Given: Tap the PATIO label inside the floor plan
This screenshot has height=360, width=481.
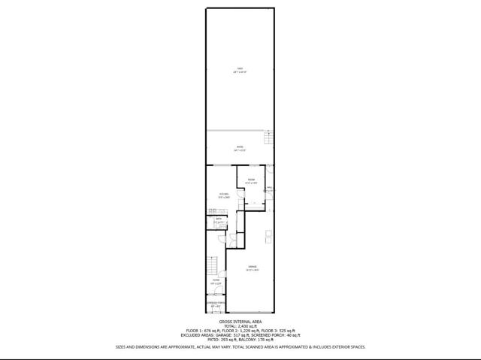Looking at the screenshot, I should (240, 147).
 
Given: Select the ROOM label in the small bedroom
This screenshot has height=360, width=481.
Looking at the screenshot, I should (252, 179).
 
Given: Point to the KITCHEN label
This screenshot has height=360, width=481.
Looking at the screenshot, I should (224, 194).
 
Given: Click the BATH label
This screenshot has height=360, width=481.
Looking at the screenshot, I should (219, 219).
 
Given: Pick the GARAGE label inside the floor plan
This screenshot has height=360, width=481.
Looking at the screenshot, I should (253, 268).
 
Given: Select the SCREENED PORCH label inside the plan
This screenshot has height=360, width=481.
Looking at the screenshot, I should (216, 304).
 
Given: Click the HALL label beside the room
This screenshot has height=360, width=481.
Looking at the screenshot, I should (268, 188).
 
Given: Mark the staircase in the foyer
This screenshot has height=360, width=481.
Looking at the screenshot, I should (213, 265).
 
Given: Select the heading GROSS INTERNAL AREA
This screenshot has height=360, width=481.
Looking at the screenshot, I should (240, 320).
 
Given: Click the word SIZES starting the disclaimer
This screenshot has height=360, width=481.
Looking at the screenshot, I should (120, 347).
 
